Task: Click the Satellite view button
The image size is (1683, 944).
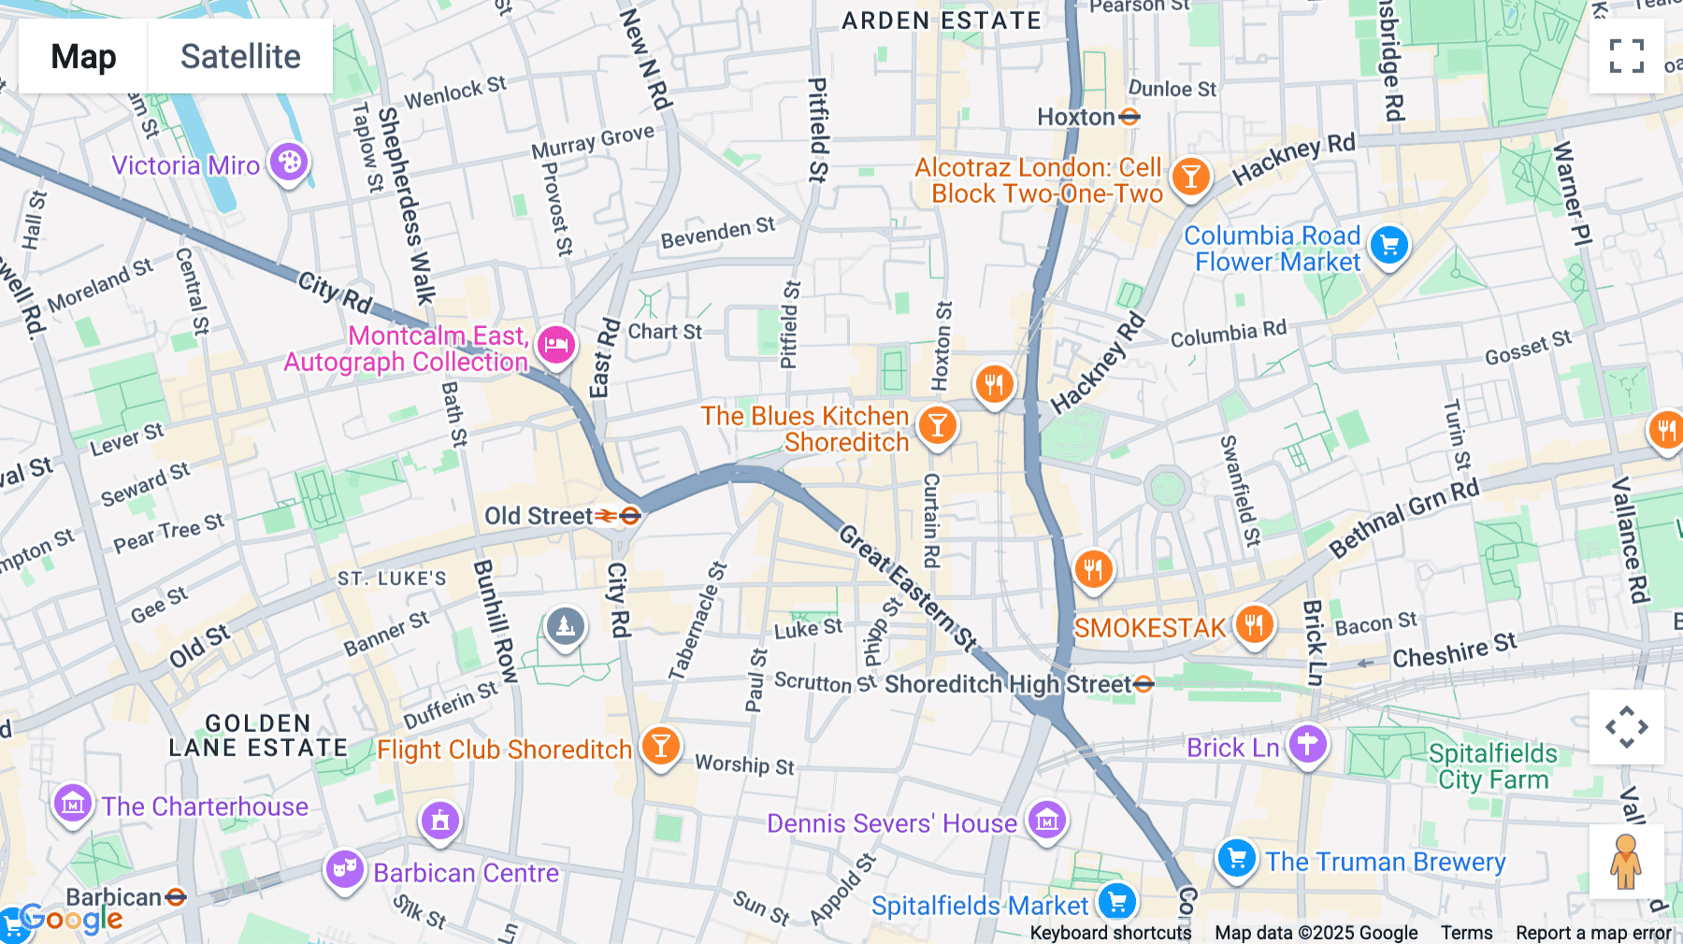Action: pos(240,56)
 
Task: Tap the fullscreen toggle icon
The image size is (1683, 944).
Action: pos(1626,56)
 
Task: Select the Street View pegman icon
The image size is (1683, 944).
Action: pos(1626,862)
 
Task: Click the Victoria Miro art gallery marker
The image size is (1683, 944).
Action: pos(289,163)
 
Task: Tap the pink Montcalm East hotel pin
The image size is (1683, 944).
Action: pos(556,345)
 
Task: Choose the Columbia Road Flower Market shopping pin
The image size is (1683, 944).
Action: pos(1388,246)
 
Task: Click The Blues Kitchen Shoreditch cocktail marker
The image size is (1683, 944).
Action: pos(937,425)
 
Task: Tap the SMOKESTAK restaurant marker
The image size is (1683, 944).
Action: pos(1254,624)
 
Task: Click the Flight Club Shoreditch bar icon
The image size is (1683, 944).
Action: pos(660,747)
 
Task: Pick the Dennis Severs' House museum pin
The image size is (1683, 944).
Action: pos(1046,822)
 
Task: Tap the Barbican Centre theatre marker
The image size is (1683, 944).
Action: pos(344,869)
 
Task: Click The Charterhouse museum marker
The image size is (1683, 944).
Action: pos(72,803)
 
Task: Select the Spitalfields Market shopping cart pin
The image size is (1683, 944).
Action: pos(1116,902)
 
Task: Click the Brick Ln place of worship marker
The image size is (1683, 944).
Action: pos(1307,745)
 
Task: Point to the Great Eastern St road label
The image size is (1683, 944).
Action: pos(907,588)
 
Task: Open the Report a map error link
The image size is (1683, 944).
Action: pos(1593,933)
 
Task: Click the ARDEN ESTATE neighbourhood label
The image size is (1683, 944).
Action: pos(941,21)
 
